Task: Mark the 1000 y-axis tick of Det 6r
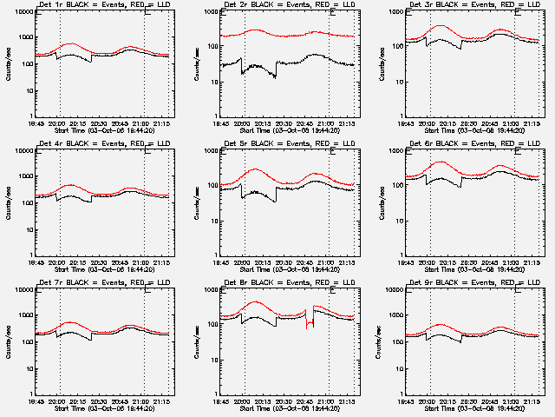[398, 151]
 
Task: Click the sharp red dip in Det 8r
[308, 326]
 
